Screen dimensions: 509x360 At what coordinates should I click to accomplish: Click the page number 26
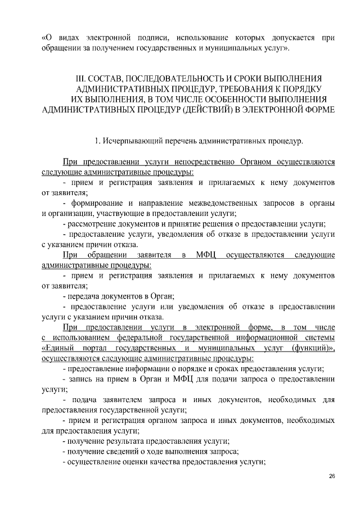[x=331, y=477]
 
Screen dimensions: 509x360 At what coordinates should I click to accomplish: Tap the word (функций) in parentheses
[x=313, y=348]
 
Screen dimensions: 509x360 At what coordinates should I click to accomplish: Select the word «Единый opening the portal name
[x=59, y=348]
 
